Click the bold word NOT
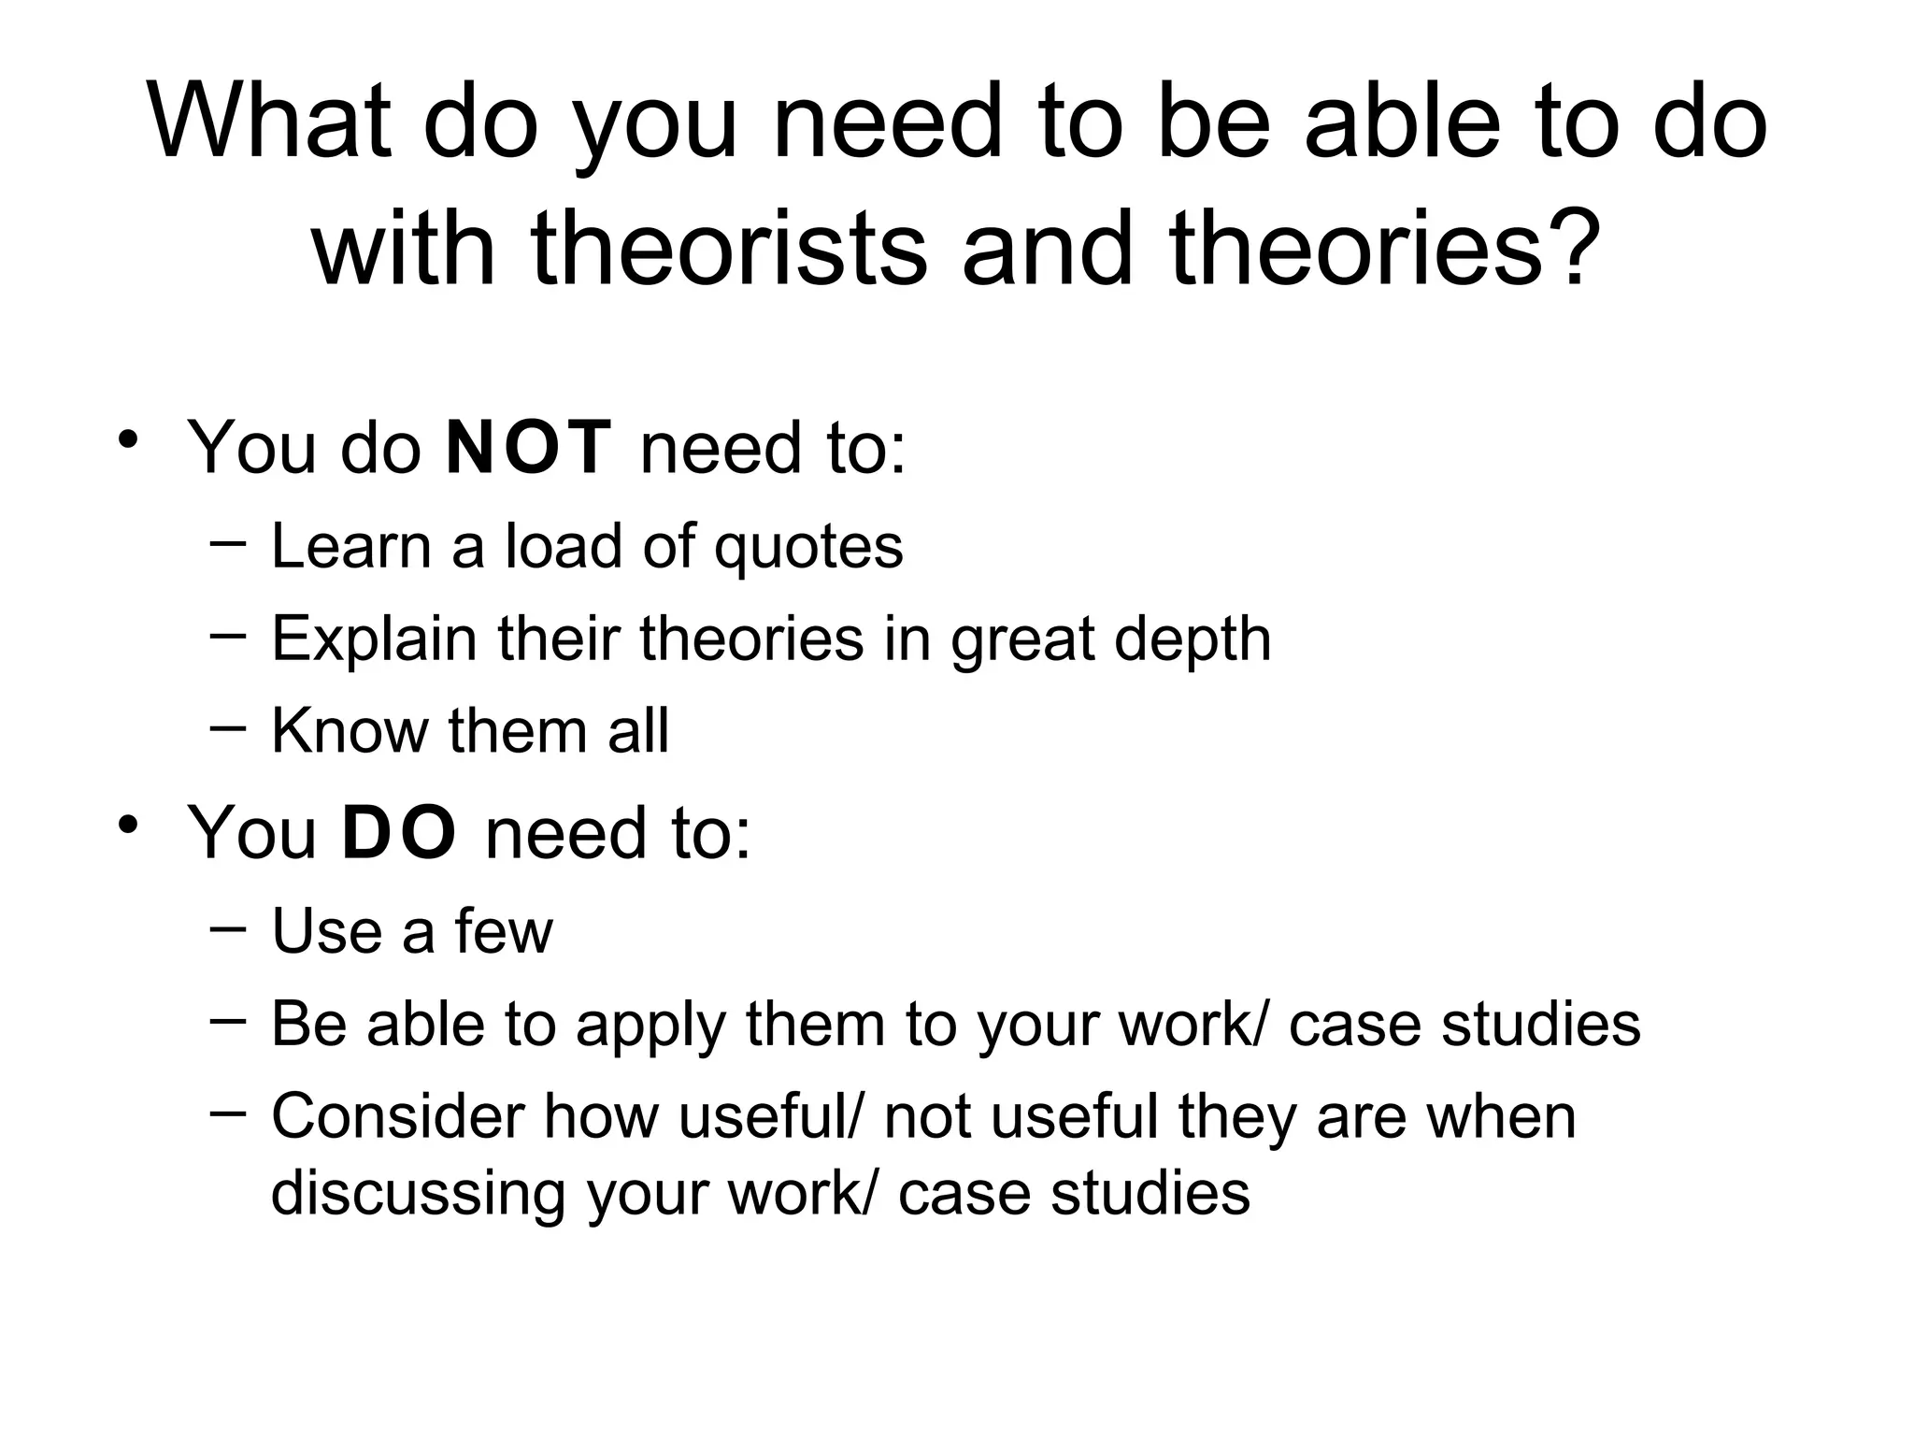click(x=529, y=448)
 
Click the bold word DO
click(x=399, y=832)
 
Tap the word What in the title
click(x=269, y=122)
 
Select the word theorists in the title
click(x=729, y=247)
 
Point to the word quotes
click(x=808, y=547)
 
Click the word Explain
click(x=374, y=639)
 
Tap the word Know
click(x=349, y=730)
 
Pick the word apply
click(x=650, y=1026)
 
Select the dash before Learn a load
click(x=229, y=541)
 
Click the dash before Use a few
click(x=229, y=926)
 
